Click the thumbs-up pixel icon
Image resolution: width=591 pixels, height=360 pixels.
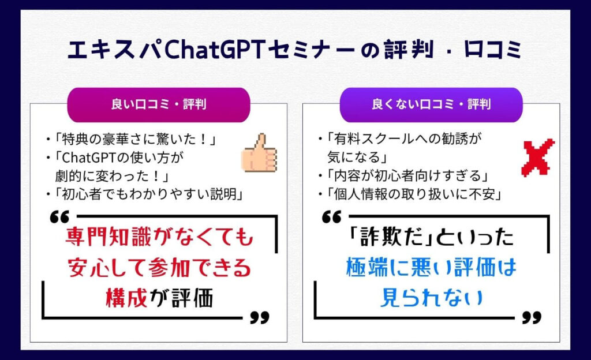pyautogui.click(x=259, y=153)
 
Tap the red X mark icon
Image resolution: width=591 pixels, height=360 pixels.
pyautogui.click(x=538, y=157)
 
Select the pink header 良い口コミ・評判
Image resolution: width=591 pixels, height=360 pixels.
pyautogui.click(x=159, y=104)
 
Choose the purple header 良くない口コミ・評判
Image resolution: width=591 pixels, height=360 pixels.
pyautogui.click(x=431, y=104)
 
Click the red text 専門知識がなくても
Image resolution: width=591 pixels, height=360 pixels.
pyautogui.click(x=159, y=237)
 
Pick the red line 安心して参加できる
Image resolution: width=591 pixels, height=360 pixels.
pyautogui.click(x=159, y=268)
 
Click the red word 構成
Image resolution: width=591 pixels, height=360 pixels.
pyautogui.click(x=126, y=298)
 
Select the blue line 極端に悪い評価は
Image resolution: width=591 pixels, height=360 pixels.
pyautogui.click(x=431, y=268)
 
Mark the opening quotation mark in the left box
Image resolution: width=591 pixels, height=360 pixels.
pyautogui.click(x=60, y=217)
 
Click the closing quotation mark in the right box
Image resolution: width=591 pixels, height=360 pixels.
pyautogui.click(x=532, y=318)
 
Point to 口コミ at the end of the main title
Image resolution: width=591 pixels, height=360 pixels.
pyautogui.click(x=493, y=50)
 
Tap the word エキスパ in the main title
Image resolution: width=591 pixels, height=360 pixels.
pyautogui.click(x=115, y=50)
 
